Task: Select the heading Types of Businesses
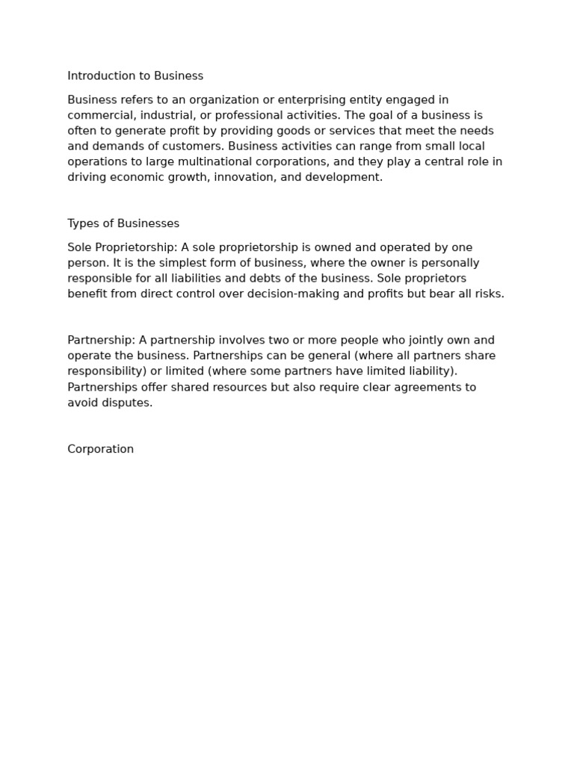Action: tap(123, 223)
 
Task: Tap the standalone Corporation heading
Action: tap(101, 449)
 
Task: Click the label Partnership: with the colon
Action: tap(101, 341)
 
